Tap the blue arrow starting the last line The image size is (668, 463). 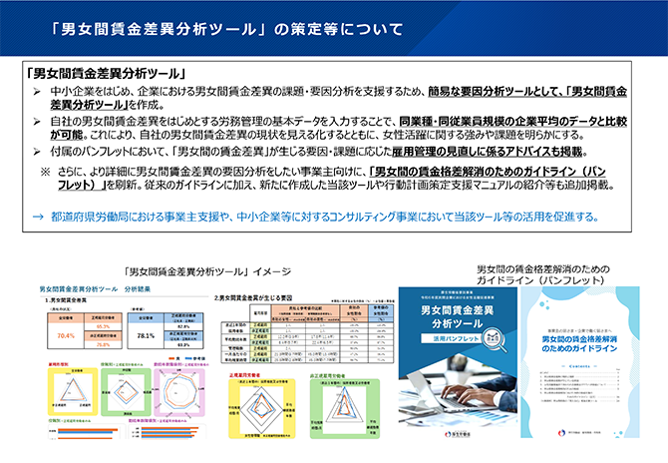[38, 217]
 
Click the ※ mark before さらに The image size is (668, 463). [45, 171]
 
